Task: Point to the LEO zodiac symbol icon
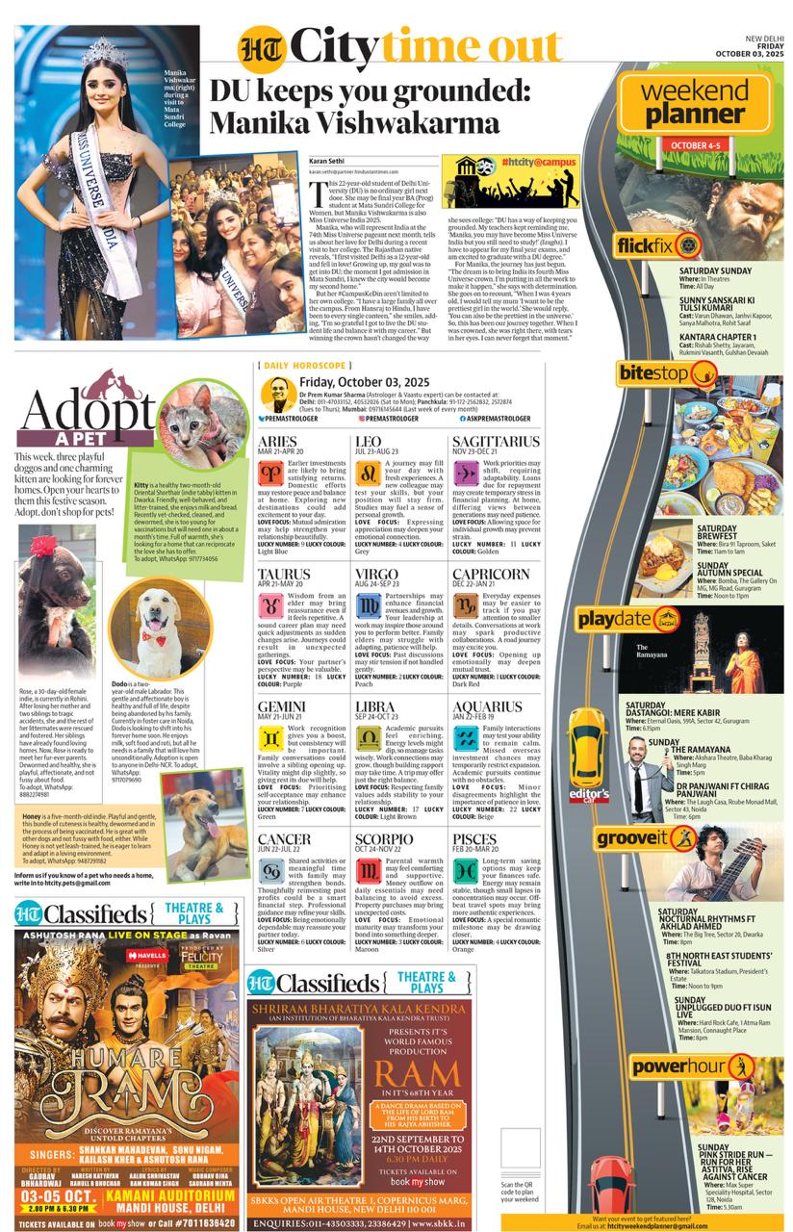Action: [368, 473]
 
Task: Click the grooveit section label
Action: [657, 837]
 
